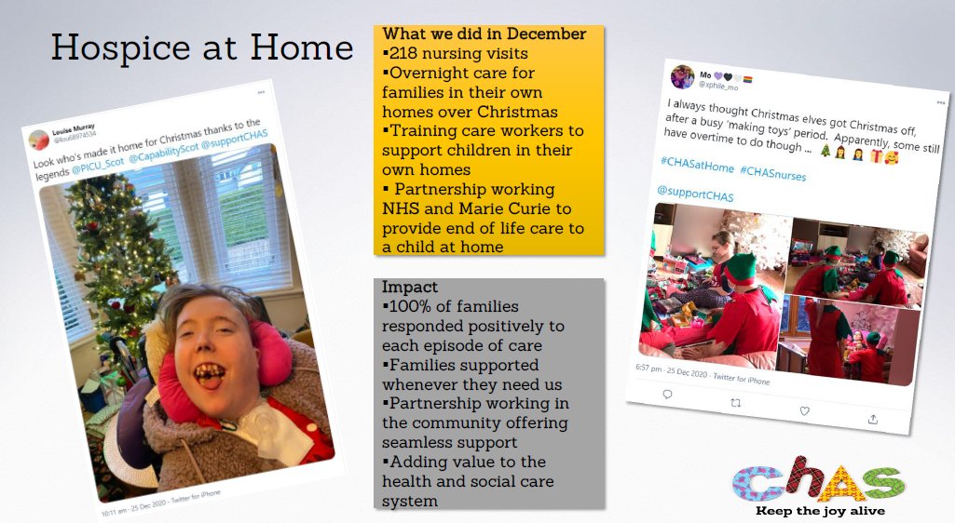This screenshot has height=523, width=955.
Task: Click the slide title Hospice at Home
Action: [201, 47]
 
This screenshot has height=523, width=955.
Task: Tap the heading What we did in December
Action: [484, 34]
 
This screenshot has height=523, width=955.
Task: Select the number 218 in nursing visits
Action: [405, 54]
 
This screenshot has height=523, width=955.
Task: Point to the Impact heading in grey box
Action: [410, 288]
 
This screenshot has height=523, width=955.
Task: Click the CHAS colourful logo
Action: [818, 481]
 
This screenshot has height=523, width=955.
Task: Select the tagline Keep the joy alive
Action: [820, 511]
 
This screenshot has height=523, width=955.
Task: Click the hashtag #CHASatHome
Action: [697, 162]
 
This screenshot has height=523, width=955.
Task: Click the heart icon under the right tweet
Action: [804, 411]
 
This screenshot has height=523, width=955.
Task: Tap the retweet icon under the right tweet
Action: [735, 402]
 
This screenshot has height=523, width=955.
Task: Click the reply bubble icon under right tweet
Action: [667, 394]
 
